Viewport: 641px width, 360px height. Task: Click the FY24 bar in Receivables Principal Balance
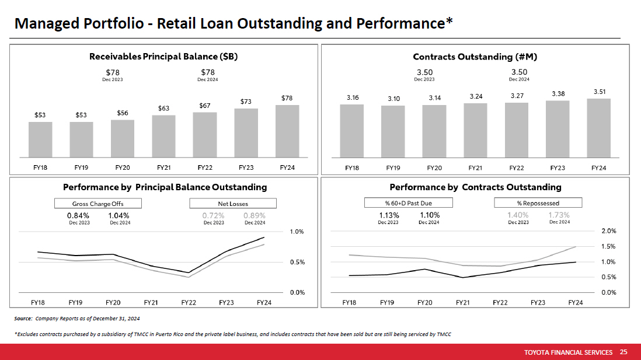coord(287,131)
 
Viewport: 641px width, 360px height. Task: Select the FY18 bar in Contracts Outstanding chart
coord(352,131)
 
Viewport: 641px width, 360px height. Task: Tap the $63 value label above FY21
coord(163,108)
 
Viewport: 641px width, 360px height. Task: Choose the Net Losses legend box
coord(232,204)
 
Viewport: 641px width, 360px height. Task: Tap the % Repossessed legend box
coord(538,203)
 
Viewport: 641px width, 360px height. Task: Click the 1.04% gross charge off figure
coord(120,215)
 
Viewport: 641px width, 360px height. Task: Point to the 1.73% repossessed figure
coord(559,215)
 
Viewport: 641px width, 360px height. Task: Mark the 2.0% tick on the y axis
coord(608,231)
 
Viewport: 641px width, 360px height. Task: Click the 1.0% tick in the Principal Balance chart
coord(297,232)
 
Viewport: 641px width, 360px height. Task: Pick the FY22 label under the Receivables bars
coord(205,168)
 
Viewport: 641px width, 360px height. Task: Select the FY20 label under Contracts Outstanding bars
coord(434,168)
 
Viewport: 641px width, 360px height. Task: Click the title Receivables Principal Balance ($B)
coord(163,57)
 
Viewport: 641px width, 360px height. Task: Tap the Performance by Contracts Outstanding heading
coord(475,187)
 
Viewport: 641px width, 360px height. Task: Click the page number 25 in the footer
coord(623,352)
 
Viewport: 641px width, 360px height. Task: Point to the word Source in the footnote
coord(23,319)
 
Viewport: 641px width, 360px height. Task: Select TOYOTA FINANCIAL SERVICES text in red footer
coord(568,352)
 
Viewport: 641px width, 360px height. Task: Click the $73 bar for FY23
coord(246,132)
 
